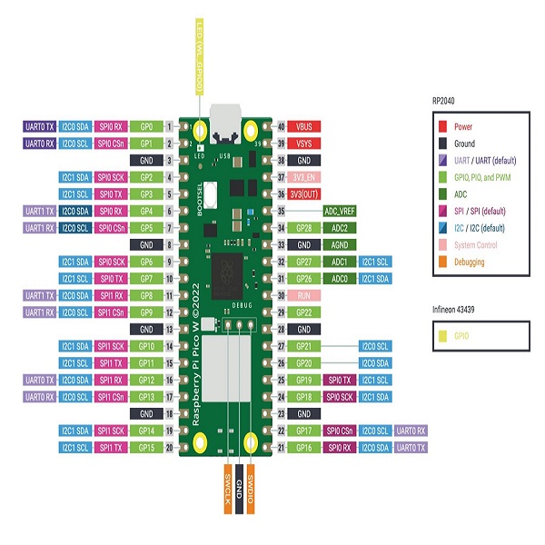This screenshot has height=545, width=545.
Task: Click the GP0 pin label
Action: point(146,127)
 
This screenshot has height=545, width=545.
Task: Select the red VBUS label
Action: point(305,127)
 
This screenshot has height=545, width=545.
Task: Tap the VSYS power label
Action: point(305,144)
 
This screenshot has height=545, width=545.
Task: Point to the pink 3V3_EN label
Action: point(305,177)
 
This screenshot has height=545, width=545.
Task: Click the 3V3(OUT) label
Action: point(305,194)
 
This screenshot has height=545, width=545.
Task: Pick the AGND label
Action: point(340,245)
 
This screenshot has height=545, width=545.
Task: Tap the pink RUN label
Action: point(305,295)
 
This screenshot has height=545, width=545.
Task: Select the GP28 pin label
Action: point(305,228)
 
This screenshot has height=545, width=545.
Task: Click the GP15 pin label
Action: point(146,448)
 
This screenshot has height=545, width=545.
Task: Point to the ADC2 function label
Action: point(340,228)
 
